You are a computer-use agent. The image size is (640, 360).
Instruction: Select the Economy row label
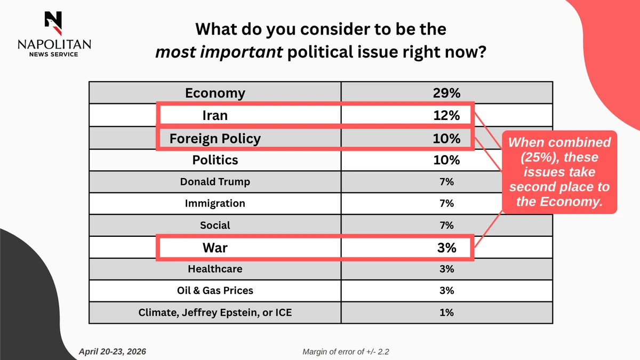click(x=215, y=93)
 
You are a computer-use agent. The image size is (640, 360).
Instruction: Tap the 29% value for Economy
click(x=446, y=93)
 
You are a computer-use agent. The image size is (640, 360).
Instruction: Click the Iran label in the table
click(x=215, y=115)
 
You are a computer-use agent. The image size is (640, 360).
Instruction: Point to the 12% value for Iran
click(x=446, y=115)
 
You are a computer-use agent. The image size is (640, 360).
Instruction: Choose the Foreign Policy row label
click(x=215, y=139)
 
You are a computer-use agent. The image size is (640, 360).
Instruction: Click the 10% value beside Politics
click(x=446, y=160)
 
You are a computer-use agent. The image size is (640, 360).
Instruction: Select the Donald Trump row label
click(x=215, y=182)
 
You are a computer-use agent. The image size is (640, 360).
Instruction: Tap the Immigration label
click(x=215, y=203)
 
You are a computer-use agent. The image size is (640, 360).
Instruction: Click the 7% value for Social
click(x=446, y=225)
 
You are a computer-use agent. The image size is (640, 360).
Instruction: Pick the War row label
click(x=215, y=248)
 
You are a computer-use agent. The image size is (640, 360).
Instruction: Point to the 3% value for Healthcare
click(x=446, y=269)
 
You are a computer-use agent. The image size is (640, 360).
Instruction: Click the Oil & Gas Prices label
click(x=215, y=291)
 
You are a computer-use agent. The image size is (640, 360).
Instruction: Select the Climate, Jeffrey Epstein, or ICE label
click(x=215, y=313)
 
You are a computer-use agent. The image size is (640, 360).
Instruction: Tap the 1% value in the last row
click(x=446, y=313)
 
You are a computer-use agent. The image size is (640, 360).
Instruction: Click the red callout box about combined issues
click(x=559, y=172)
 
